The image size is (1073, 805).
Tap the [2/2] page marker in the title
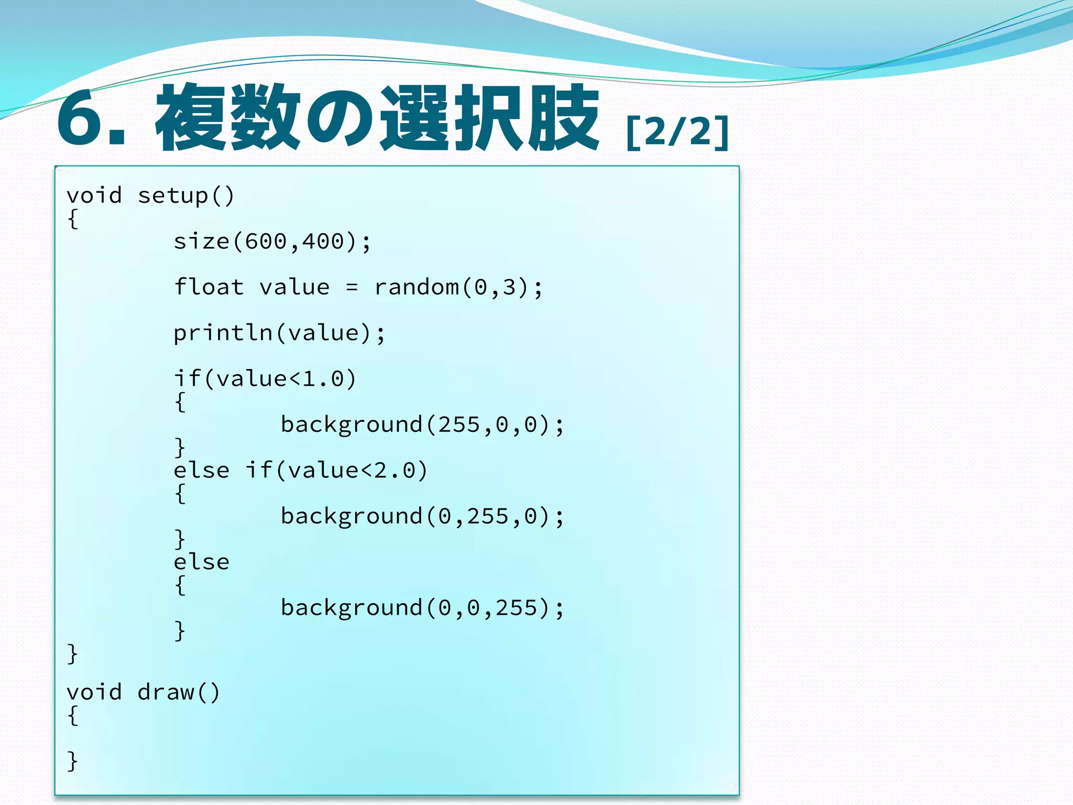pyautogui.click(x=677, y=132)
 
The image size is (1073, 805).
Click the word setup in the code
pyautogui.click(x=173, y=196)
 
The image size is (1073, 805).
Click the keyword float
pyautogui.click(x=209, y=287)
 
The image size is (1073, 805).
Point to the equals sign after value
pyautogui.click(x=352, y=288)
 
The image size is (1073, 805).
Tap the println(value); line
pyautogui.click(x=279, y=333)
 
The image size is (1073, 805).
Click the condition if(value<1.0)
pyautogui.click(x=265, y=379)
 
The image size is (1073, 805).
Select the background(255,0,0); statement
pyautogui.click(x=422, y=425)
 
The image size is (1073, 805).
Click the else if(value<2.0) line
pyautogui.click(x=300, y=471)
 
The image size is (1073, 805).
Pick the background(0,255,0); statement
pyautogui.click(x=422, y=517)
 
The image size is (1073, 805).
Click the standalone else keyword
pyautogui.click(x=201, y=562)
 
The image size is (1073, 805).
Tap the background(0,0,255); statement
pyautogui.click(x=422, y=608)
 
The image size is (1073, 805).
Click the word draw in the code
pyautogui.click(x=166, y=693)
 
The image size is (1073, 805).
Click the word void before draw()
pyautogui.click(x=94, y=693)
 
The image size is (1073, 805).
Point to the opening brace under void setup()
pyautogui.click(x=73, y=219)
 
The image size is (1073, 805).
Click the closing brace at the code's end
pyautogui.click(x=73, y=761)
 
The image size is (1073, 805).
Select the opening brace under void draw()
pyautogui.click(x=73, y=716)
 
